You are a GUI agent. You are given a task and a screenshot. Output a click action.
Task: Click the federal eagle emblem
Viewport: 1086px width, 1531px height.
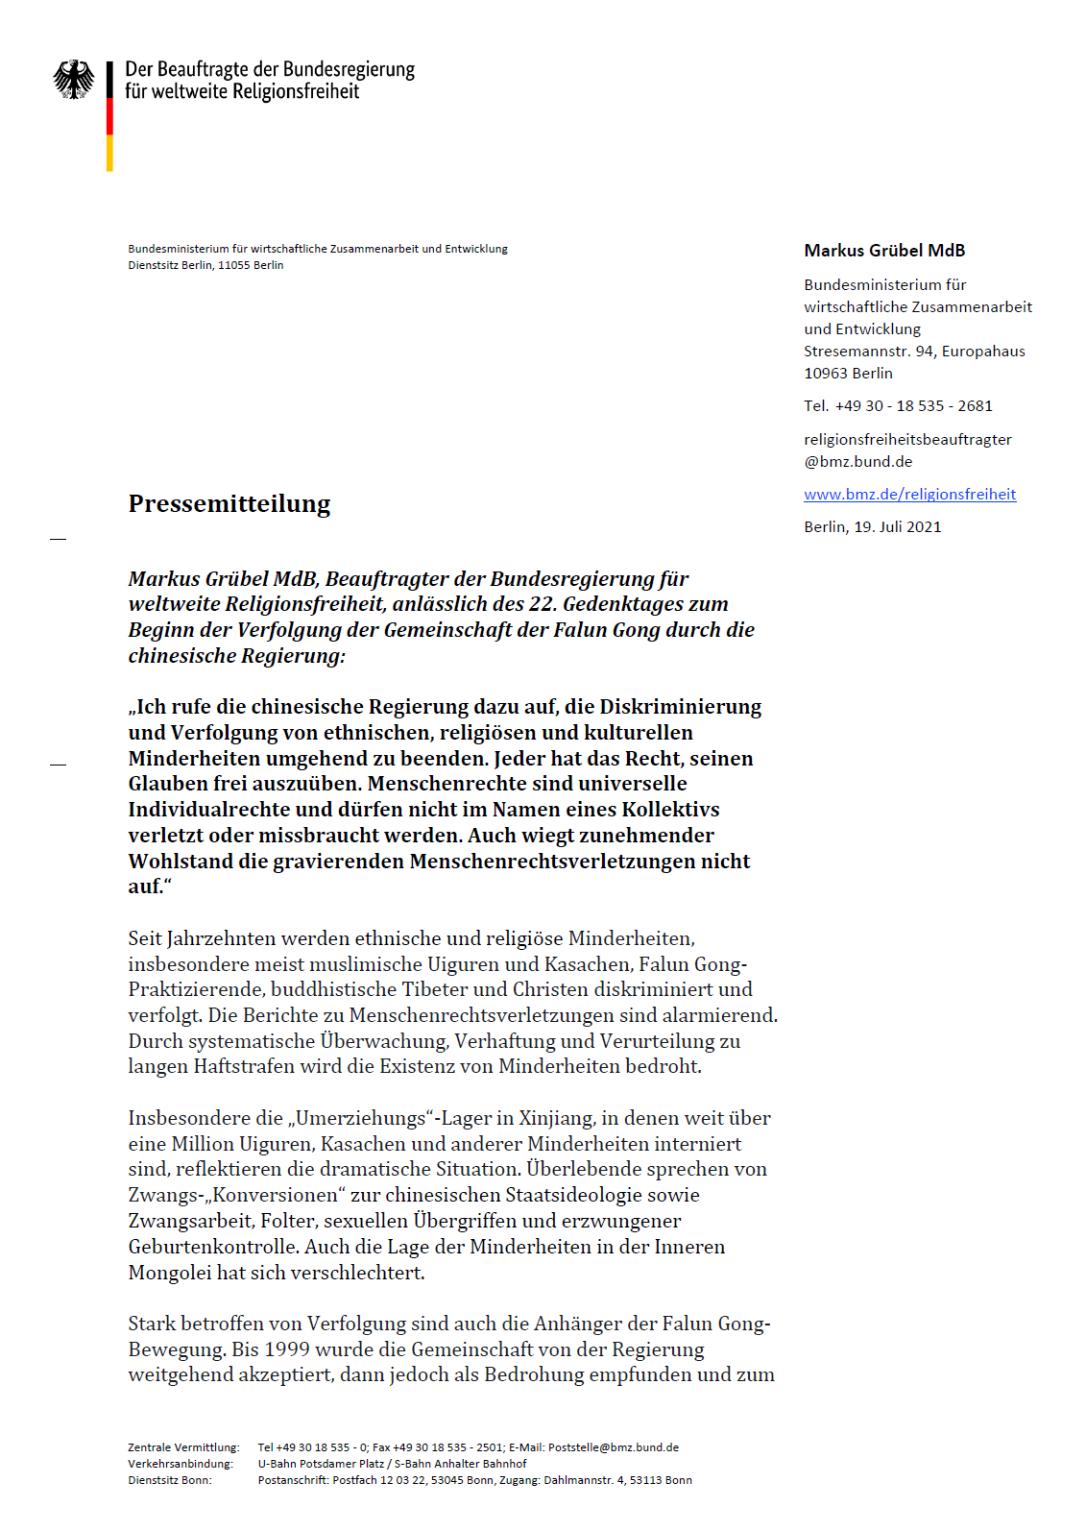click(x=74, y=79)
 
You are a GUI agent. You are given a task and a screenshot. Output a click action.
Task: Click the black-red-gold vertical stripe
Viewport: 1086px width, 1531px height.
click(x=109, y=116)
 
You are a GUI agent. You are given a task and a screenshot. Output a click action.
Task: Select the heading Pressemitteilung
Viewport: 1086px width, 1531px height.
click(x=229, y=503)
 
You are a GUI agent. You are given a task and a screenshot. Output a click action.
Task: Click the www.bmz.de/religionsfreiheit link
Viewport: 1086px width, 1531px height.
click(x=909, y=495)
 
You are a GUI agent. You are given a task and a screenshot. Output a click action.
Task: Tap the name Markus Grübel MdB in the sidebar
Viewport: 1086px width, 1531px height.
click(x=884, y=251)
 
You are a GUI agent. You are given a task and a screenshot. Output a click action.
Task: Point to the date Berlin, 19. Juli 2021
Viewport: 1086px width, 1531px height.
click(x=872, y=527)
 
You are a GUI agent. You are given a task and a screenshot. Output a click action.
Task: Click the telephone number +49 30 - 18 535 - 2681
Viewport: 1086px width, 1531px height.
click(x=913, y=406)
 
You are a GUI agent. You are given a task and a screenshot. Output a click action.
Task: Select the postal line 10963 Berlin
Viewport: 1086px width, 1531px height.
click(x=848, y=374)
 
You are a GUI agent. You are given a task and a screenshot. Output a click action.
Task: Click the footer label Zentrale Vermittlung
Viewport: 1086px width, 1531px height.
click(x=183, y=1447)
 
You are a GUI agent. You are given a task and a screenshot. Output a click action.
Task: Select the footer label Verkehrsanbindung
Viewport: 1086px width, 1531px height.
click(x=181, y=1464)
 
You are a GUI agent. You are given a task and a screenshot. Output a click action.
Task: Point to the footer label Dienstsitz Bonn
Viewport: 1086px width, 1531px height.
click(x=170, y=1480)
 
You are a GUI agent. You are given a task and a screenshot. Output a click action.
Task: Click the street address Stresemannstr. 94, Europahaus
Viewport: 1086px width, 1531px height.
click(x=914, y=352)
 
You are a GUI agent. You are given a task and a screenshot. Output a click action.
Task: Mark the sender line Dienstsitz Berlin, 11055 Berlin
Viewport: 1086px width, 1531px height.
click(x=205, y=265)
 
